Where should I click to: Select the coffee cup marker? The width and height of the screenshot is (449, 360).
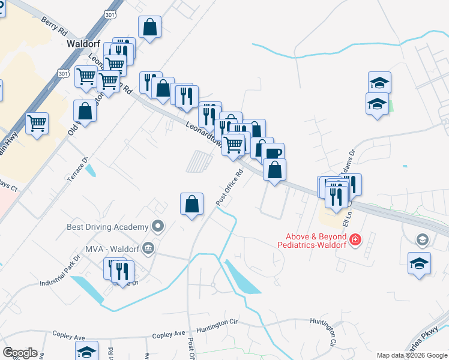pos(273,154)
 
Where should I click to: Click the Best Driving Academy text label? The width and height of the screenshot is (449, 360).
pos(107,227)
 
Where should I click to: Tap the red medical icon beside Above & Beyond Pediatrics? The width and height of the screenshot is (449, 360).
pos(355,240)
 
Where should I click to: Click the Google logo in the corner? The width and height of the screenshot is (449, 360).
pos(20,353)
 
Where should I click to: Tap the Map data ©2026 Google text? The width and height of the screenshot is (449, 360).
pos(412,355)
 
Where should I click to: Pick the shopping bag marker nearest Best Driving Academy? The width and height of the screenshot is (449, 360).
pos(191,204)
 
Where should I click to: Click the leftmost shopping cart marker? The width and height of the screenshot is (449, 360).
pos(37,124)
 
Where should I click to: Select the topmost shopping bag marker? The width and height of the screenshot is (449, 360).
pos(149,27)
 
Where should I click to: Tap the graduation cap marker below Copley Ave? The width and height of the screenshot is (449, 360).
pos(86,352)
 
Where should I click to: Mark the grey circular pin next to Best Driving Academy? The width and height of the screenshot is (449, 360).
pos(158,227)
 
